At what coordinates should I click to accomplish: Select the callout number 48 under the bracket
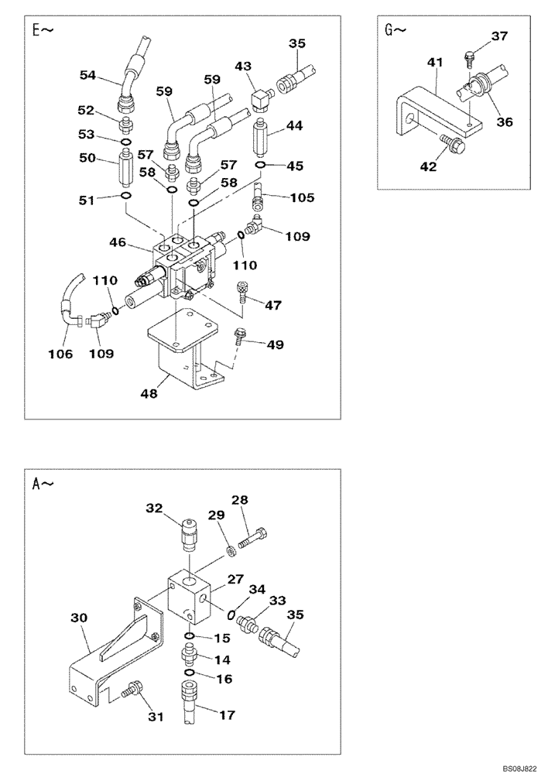pyautogui.click(x=149, y=393)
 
